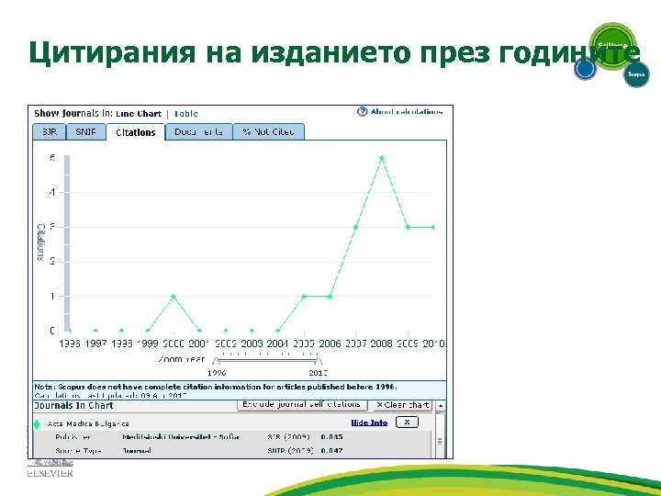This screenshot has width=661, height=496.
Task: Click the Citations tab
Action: (136, 132)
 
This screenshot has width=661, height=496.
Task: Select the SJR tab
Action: (49, 132)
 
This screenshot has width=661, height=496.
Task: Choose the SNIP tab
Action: (85, 132)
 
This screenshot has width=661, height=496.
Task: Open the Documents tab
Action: (198, 132)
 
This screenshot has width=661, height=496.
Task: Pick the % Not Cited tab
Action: (268, 132)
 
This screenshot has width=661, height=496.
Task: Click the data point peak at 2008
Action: (382, 158)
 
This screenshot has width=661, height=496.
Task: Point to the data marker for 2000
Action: (174, 296)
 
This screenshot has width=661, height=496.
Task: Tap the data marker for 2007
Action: (355, 227)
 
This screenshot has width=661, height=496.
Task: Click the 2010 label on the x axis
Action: (433, 344)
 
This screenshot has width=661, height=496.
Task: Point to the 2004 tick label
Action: (277, 344)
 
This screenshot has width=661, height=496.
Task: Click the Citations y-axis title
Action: (40, 242)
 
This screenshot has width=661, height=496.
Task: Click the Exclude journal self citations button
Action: (302, 404)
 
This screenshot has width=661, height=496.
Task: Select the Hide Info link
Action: (369, 423)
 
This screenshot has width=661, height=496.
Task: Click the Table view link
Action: (185, 114)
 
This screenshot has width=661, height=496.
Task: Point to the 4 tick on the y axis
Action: (52, 192)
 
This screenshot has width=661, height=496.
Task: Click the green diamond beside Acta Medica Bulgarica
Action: (38, 423)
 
